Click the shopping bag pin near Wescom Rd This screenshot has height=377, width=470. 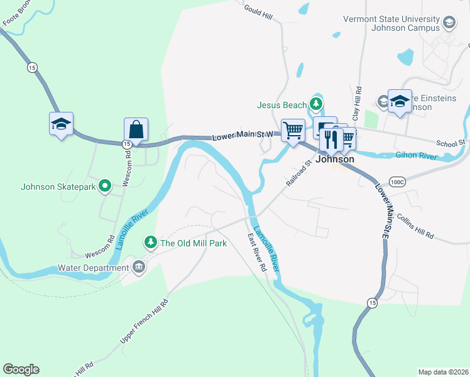click(x=136, y=129)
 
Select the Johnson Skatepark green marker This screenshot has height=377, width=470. click(x=106, y=186)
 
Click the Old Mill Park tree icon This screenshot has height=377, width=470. click(x=151, y=242)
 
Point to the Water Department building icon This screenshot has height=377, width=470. click(x=139, y=268)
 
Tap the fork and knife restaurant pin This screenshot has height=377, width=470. click(x=332, y=139)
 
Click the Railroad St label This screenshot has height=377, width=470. click(x=299, y=173)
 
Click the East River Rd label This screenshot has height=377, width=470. click(x=257, y=252)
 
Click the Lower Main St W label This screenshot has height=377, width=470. click(x=242, y=134)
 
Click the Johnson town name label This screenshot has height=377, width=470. click(x=334, y=160)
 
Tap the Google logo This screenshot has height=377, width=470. click(x=21, y=369)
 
